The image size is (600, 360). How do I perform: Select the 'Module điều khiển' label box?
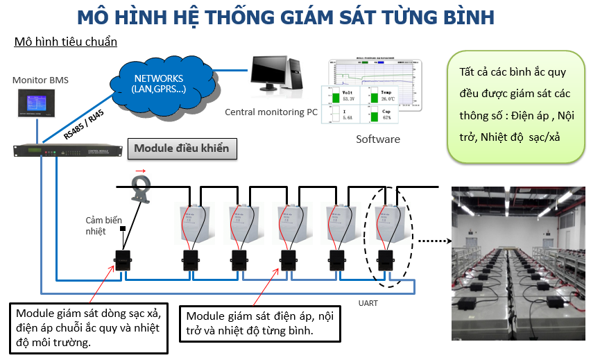[181, 148]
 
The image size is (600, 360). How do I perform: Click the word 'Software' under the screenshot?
[377, 139]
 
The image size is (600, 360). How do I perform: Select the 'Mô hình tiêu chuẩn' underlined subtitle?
[66, 42]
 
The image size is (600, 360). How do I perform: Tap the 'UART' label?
[368, 303]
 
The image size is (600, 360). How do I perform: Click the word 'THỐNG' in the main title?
[243, 16]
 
